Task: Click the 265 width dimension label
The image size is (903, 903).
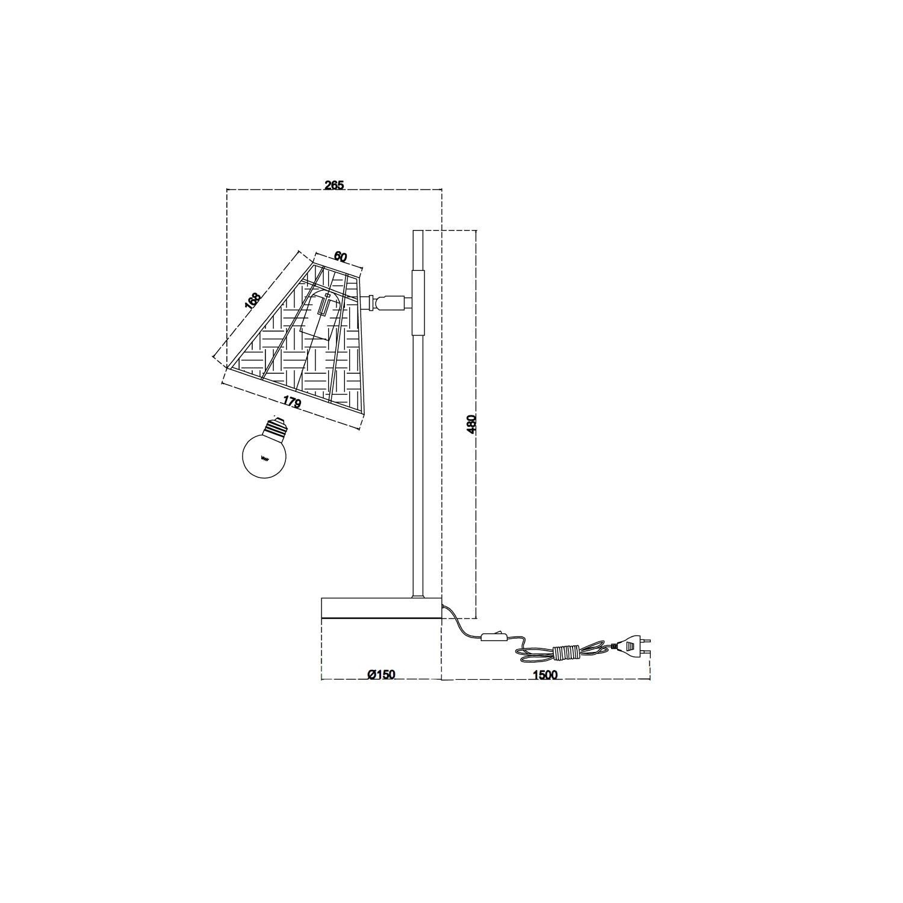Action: click(x=334, y=185)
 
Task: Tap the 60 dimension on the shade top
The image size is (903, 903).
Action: click(x=340, y=257)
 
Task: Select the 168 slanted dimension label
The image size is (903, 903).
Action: click(x=253, y=301)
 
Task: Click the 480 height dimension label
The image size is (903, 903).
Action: click(x=472, y=424)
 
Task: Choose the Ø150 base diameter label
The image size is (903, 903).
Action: click(x=381, y=675)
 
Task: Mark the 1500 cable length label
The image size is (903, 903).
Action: click(x=545, y=675)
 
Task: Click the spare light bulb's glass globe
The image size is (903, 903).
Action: click(x=263, y=455)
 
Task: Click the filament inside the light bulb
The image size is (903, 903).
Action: click(x=264, y=459)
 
